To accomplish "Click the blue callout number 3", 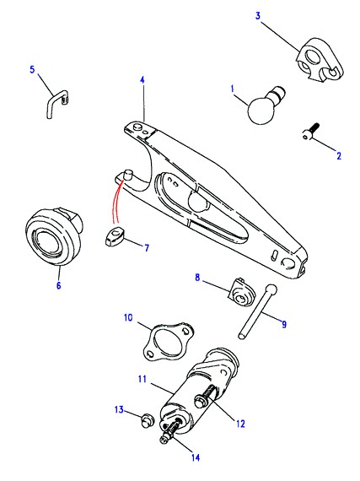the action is [x=258, y=15].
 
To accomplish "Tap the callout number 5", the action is [x=32, y=69].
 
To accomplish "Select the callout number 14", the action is [x=196, y=457].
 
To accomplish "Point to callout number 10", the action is [x=128, y=317].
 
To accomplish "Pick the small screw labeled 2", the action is [x=310, y=132].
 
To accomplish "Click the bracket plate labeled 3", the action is [x=319, y=60].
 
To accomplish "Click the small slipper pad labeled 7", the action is [x=114, y=237].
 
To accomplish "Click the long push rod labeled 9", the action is [x=257, y=312].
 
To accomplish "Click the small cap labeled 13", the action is [x=147, y=419].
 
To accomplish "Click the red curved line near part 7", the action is [x=117, y=203].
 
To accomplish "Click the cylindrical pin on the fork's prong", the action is [x=126, y=174].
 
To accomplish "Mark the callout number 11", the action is [x=142, y=379].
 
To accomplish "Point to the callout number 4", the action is [x=142, y=80].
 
